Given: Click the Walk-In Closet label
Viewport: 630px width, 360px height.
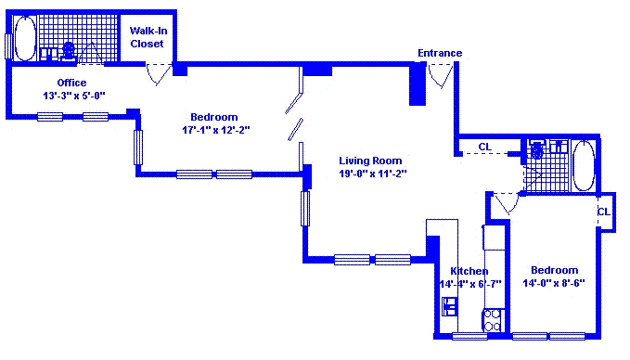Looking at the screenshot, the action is [x=148, y=37].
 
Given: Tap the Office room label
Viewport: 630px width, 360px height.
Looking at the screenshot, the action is [x=71, y=83].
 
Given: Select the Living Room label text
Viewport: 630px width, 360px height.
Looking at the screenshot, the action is [x=370, y=161].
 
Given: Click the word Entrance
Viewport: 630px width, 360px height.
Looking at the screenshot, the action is [x=440, y=53].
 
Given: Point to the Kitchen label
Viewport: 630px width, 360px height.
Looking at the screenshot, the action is [x=469, y=271].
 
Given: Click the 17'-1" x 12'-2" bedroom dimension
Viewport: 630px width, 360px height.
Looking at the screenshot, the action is [x=216, y=130].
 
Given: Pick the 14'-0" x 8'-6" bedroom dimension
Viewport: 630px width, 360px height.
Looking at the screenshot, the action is [x=554, y=283].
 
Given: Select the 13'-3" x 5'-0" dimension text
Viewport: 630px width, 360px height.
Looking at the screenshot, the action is [x=74, y=96].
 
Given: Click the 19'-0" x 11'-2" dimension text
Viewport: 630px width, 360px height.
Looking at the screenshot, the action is [x=373, y=174].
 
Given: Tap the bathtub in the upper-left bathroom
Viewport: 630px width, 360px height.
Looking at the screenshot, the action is [x=25, y=39].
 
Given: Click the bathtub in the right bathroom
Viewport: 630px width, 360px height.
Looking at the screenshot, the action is [x=583, y=165].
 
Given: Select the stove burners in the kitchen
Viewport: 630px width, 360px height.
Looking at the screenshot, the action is [x=493, y=320].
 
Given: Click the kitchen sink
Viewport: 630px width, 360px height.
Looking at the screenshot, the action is [x=450, y=306].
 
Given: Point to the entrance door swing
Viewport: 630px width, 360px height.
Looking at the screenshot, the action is [x=441, y=75].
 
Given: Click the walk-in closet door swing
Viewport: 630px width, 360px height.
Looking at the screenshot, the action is [x=159, y=74].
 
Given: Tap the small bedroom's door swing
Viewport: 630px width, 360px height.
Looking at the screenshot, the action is [x=507, y=203].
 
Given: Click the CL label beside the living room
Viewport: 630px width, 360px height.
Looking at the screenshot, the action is [x=485, y=147].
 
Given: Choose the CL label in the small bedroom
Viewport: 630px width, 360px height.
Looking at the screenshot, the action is [x=604, y=212].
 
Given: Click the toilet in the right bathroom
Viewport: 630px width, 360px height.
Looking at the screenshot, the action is [x=537, y=150].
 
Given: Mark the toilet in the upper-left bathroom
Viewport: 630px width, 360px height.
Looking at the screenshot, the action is [x=69, y=51].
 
